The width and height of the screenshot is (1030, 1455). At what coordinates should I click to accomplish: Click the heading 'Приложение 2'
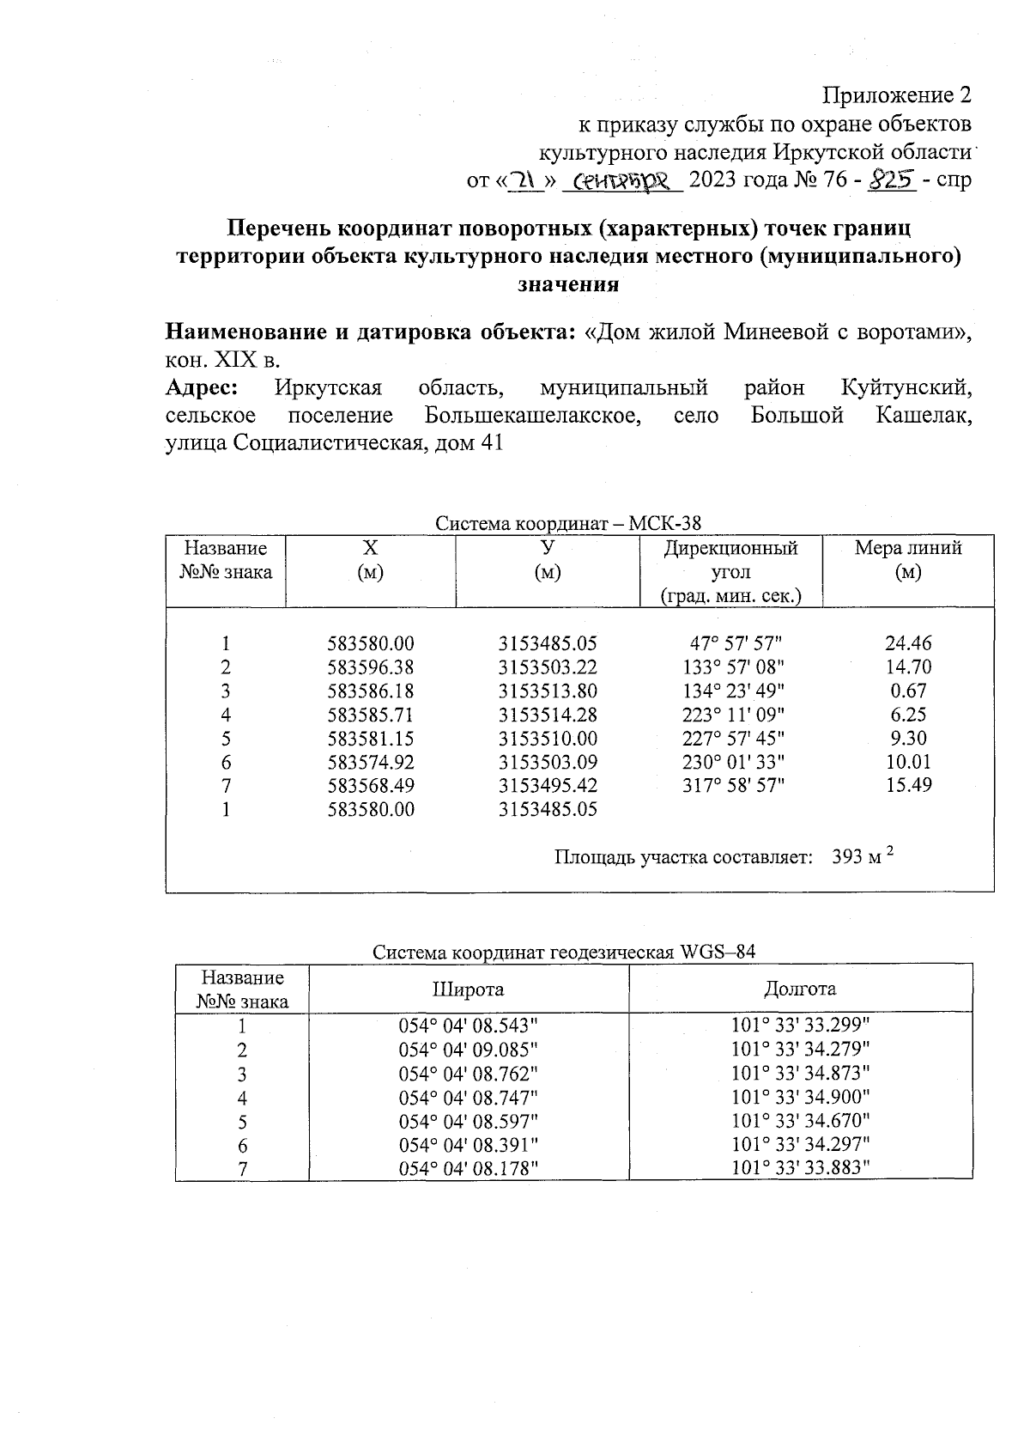click(x=897, y=94)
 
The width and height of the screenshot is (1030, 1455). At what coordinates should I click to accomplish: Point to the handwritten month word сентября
click(x=622, y=180)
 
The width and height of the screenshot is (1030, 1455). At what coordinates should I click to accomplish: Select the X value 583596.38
click(x=370, y=667)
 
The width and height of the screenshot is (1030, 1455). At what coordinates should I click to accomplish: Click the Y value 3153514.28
click(x=547, y=715)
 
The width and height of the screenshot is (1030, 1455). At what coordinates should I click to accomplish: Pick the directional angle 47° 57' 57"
click(x=736, y=643)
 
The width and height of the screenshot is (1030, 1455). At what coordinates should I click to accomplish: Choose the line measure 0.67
click(x=908, y=691)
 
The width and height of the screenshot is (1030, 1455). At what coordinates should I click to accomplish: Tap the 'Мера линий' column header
click(x=908, y=548)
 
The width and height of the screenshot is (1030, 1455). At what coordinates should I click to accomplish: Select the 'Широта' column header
click(x=468, y=989)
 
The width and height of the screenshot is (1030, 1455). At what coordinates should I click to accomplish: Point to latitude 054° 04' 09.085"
click(x=468, y=1050)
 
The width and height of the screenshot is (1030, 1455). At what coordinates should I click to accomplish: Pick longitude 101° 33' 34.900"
click(x=800, y=1097)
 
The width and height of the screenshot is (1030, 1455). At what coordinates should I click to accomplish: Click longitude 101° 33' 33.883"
click(x=800, y=1167)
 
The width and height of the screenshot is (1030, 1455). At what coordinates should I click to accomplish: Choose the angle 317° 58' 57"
click(x=736, y=785)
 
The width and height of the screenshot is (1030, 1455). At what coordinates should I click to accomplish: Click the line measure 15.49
click(x=908, y=785)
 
